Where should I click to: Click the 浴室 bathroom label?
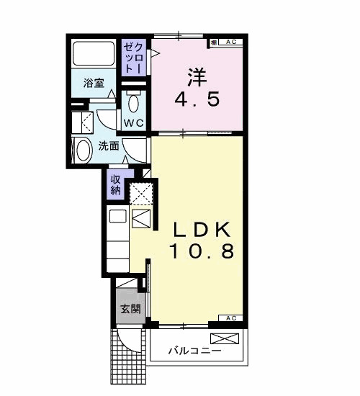94,83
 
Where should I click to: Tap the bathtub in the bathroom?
94,53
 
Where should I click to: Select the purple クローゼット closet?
134,58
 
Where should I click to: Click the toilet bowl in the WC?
133,103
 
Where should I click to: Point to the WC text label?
134,123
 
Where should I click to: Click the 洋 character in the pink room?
197,76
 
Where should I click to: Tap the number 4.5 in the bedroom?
197,99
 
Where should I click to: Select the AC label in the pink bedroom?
231,42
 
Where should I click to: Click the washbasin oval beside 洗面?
84,150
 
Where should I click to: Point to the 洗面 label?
109,145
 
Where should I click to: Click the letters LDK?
202,230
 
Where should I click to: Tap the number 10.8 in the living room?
202,251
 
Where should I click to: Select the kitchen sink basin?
118,216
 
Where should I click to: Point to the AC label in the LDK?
231,318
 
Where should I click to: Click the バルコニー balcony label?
195,351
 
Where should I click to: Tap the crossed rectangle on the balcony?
225,338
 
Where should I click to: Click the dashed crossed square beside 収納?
141,194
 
